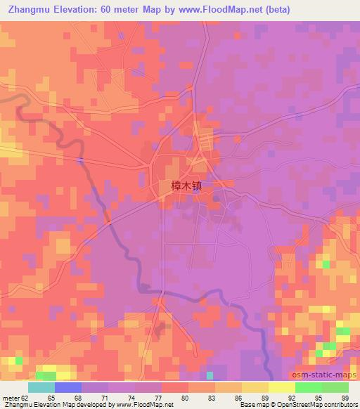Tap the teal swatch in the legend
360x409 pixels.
click(41, 387)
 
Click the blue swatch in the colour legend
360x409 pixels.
click(68, 387)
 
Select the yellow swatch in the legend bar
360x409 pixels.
click(281, 387)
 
